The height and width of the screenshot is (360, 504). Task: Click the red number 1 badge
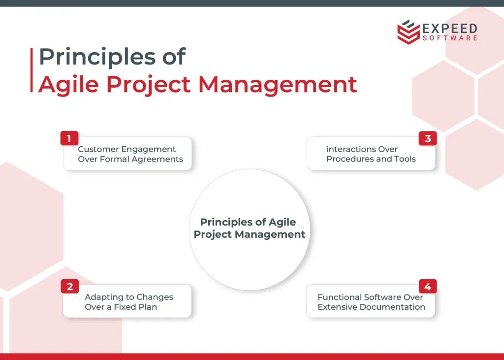pyautogui.click(x=69, y=138)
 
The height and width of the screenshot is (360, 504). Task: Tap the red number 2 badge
pyautogui.click(x=70, y=286)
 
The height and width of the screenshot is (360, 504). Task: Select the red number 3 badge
pyautogui.click(x=428, y=138)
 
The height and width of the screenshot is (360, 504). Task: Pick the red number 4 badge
pyautogui.click(x=428, y=286)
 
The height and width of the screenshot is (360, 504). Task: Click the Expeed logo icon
pyautogui.click(x=408, y=32)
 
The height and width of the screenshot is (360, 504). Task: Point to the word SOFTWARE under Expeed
pyautogui.click(x=450, y=38)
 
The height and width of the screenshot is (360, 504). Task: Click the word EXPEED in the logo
pyautogui.click(x=450, y=28)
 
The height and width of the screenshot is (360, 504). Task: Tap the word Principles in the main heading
pyautogui.click(x=97, y=57)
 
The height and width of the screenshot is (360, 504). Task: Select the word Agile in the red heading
pyautogui.click(x=68, y=84)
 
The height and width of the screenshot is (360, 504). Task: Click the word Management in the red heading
pyautogui.click(x=278, y=84)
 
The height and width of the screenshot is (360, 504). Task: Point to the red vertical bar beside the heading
pyautogui.click(x=31, y=70)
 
